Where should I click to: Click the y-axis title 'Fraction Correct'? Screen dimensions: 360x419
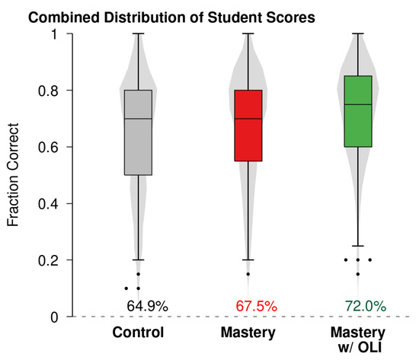point(13,175)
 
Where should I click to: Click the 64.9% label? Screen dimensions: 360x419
point(147,306)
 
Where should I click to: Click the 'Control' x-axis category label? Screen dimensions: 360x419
point(138,333)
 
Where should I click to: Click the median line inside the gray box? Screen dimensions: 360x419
point(138,119)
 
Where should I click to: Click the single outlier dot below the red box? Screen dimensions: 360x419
point(248,274)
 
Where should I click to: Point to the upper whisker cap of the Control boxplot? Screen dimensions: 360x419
point(138,33)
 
